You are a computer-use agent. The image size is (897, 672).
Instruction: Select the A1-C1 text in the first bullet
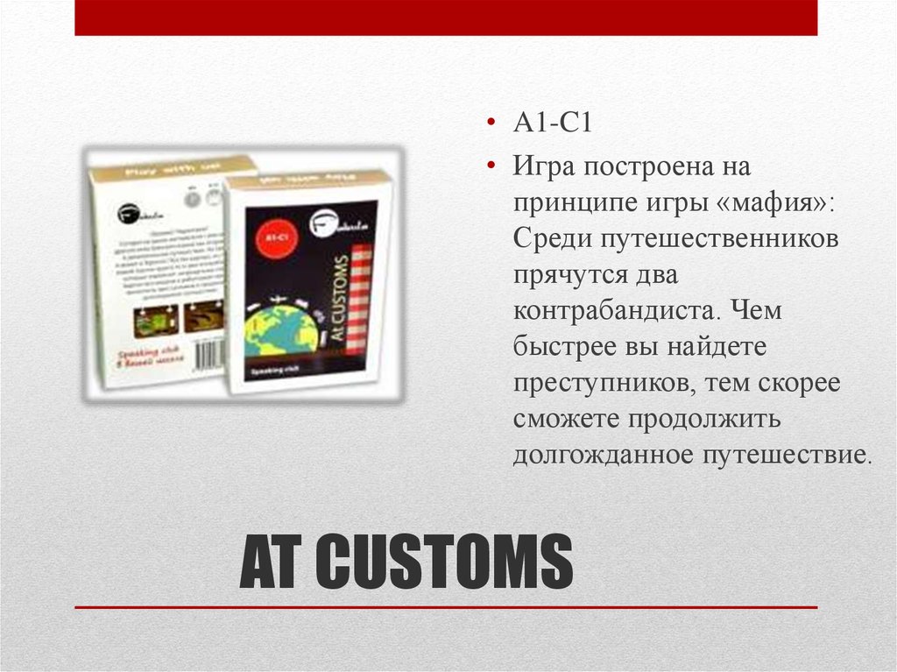click(554, 122)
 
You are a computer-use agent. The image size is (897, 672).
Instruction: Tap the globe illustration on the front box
click(281, 331)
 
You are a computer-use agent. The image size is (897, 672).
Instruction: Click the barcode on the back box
click(208, 354)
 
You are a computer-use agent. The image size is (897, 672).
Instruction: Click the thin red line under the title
click(446, 607)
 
